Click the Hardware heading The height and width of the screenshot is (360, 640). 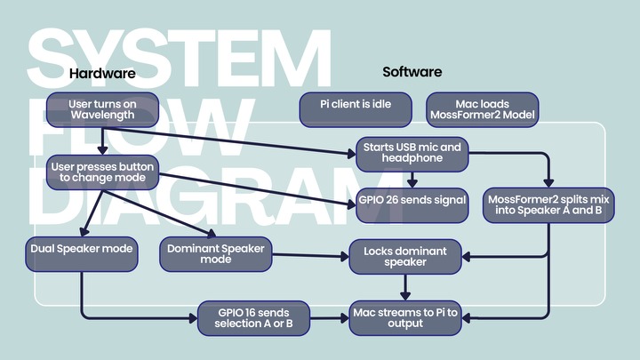(x=102, y=74)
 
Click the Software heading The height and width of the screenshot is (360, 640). (x=412, y=72)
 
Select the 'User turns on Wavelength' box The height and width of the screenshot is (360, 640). (x=102, y=110)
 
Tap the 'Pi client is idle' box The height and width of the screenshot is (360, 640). (x=356, y=110)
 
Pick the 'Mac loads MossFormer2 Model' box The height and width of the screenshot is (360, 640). (x=483, y=110)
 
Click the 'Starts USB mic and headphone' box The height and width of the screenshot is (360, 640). (x=412, y=155)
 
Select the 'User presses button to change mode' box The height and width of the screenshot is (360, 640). (x=102, y=172)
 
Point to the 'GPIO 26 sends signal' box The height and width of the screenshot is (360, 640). (x=412, y=205)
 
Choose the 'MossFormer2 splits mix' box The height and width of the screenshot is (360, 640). (x=548, y=205)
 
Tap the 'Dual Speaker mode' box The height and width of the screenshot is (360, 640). (x=82, y=254)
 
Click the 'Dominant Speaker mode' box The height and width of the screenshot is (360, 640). (x=216, y=254)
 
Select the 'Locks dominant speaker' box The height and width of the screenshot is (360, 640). (x=405, y=257)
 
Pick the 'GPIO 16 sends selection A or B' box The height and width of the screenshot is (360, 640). (x=253, y=318)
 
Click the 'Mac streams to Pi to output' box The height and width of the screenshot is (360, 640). (x=405, y=318)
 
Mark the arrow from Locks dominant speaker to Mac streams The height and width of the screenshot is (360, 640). (x=405, y=287)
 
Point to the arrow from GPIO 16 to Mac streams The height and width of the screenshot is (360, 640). (x=330, y=318)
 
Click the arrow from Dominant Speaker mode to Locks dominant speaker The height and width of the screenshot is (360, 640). (x=310, y=256)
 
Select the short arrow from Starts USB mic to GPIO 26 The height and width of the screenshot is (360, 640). (x=412, y=180)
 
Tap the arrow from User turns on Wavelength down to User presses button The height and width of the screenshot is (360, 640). (x=102, y=141)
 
